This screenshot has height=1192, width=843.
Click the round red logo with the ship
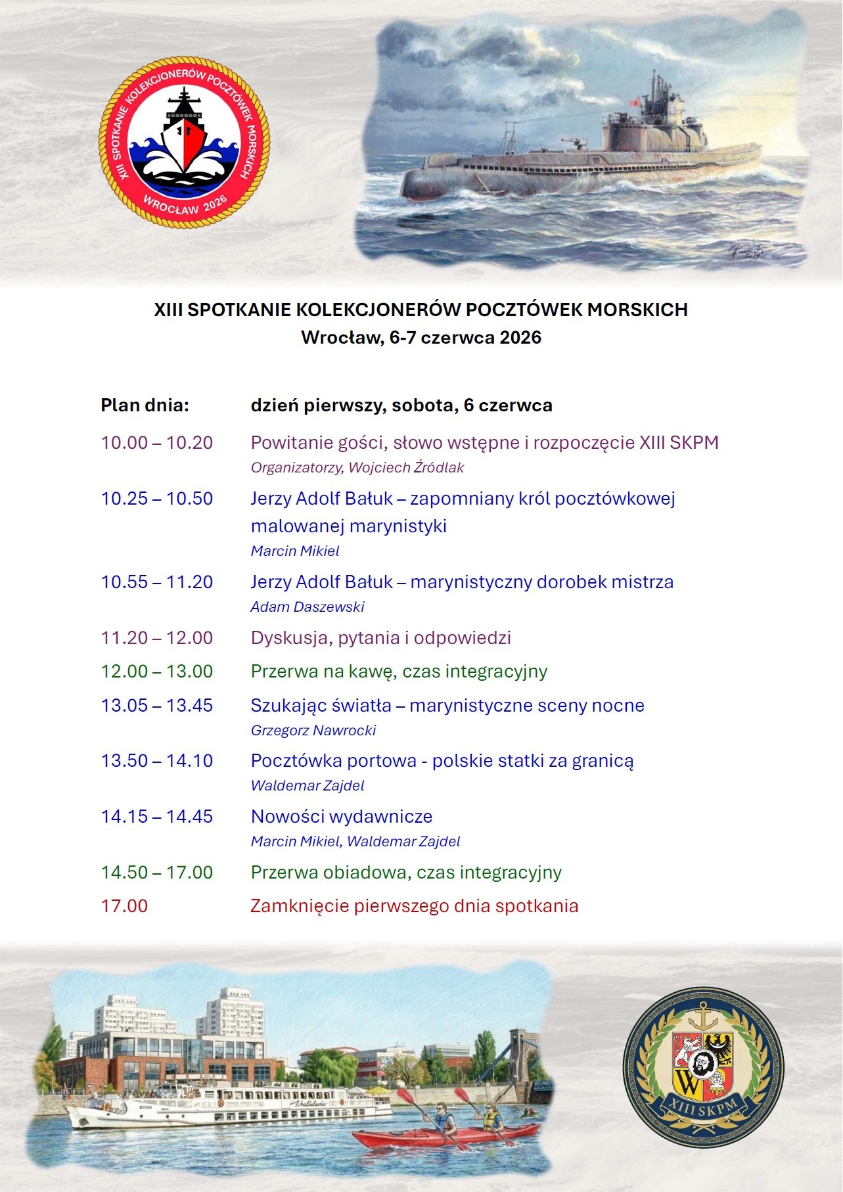185,142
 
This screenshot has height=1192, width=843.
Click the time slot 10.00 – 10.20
157,443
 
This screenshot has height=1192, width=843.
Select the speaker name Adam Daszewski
307,607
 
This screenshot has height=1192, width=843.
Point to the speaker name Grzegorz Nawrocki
313,730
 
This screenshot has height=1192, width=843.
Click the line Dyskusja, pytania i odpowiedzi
380,638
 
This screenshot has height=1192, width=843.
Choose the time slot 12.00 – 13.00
157,672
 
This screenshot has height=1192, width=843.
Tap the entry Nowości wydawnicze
342,817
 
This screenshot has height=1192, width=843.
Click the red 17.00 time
124,906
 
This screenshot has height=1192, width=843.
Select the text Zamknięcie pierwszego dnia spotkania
414,906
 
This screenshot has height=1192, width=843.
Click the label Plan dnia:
145,405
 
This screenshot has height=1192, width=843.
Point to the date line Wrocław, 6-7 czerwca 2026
421,338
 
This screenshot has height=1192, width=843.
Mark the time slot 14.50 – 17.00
157,873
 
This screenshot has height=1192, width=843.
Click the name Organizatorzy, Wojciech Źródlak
357,468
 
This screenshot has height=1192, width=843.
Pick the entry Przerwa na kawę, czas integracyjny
399,672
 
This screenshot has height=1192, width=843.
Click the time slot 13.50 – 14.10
157,761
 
